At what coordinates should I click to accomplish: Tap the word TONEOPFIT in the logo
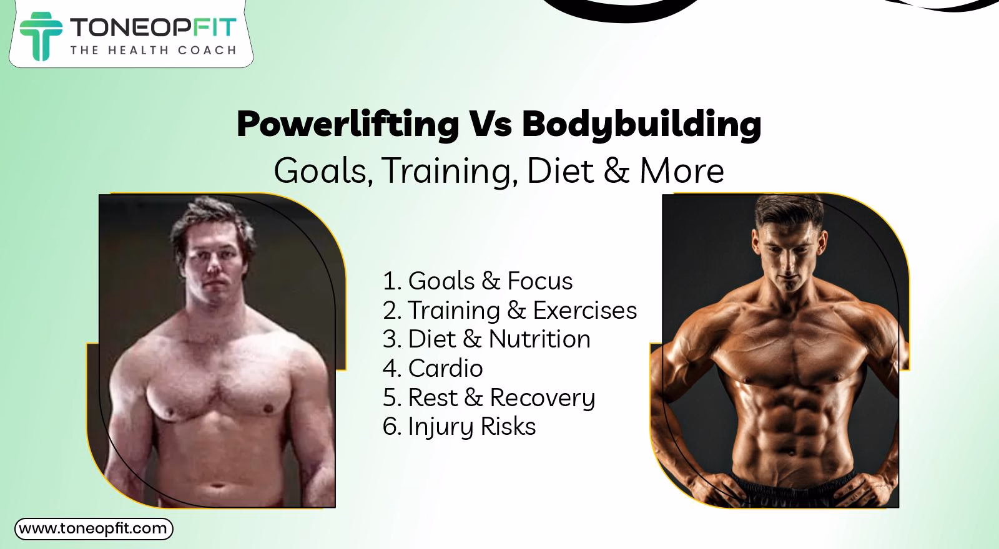tap(153, 27)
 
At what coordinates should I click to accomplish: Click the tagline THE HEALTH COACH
tap(153, 50)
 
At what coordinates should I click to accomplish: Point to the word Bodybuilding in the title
tap(641, 124)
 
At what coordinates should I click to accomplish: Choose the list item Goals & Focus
tap(478, 281)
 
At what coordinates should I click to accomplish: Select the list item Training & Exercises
tap(509, 310)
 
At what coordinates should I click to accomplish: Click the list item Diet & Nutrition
tap(486, 339)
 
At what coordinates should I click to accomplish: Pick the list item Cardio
tap(433, 368)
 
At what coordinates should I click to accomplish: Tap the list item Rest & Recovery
tap(489, 397)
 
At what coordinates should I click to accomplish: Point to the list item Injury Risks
tap(460, 427)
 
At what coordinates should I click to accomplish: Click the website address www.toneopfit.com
tap(93, 529)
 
